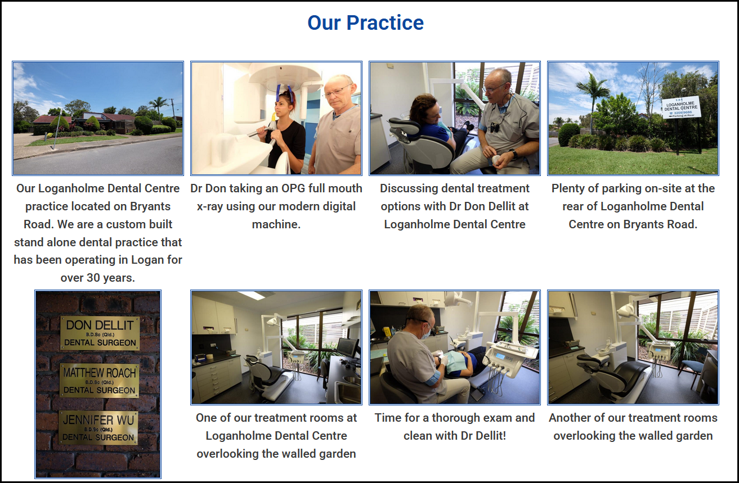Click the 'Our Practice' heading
tap(365, 22)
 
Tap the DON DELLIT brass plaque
tap(100, 333)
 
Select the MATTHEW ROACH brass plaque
tap(99, 381)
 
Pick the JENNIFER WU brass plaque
tap(98, 427)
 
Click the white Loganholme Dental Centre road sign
tap(681, 107)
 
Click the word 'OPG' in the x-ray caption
tap(293, 188)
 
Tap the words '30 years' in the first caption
tap(110, 278)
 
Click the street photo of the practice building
tap(98, 118)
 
